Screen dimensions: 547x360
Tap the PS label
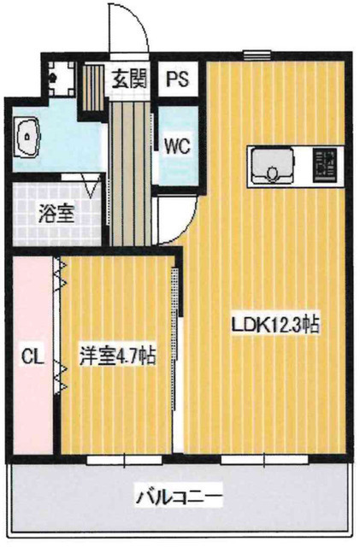(178, 80)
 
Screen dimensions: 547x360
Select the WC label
(177, 144)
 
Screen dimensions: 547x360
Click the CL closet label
(30, 352)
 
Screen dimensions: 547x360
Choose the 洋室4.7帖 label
(117, 354)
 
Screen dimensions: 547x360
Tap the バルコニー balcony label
(179, 495)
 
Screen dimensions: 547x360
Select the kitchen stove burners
(324, 165)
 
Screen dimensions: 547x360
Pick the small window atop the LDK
(252, 56)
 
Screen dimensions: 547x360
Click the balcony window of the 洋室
(112, 459)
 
